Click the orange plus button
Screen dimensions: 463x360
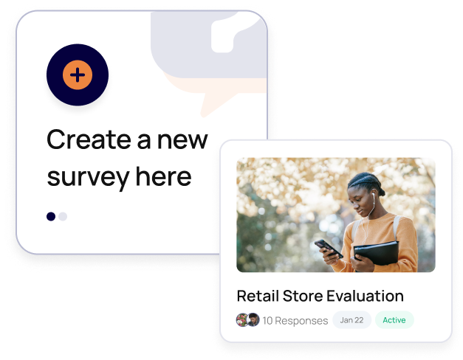[x=78, y=75]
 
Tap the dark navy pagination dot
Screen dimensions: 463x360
[x=51, y=216]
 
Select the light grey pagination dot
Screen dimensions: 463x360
[x=63, y=216]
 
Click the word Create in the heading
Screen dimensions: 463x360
[x=89, y=139]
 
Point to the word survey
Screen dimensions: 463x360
[x=89, y=178]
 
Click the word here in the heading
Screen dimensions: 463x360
[x=164, y=176]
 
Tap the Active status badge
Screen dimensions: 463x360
[x=394, y=320]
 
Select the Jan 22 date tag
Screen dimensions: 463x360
[x=351, y=320]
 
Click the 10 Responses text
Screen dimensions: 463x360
[x=295, y=320]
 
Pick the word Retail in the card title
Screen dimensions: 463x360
[x=258, y=296]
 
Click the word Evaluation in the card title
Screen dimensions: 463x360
[x=365, y=296]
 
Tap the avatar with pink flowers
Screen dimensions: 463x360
[x=241, y=320]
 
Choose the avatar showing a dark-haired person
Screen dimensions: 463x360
[x=253, y=320]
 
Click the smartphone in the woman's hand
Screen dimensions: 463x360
[x=329, y=249]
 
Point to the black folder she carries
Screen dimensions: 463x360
[x=377, y=254]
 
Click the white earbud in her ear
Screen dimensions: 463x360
[x=373, y=195]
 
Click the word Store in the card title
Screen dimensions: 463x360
[x=302, y=296]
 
